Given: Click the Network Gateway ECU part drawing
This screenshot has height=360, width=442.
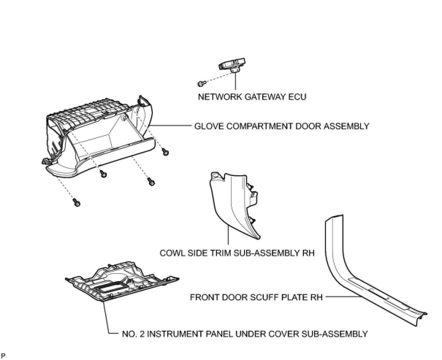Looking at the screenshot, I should [x=232, y=65].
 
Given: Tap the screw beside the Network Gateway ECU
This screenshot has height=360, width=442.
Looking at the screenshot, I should [x=200, y=84].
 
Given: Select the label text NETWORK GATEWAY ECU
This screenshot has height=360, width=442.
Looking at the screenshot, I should [x=252, y=97].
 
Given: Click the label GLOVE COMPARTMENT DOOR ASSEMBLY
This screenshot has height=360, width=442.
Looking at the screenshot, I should [x=281, y=126].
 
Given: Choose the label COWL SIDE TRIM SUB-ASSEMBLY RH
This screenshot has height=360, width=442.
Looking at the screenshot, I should [x=237, y=253].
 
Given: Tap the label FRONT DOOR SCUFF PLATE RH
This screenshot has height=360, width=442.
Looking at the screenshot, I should [x=256, y=297].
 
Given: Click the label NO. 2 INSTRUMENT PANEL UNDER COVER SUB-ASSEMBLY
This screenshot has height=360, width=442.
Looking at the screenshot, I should [x=245, y=334].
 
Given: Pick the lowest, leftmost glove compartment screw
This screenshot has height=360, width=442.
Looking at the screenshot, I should [x=77, y=202].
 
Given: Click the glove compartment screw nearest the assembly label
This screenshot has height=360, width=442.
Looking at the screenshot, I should [x=165, y=152].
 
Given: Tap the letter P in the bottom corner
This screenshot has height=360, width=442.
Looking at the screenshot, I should [x=3, y=355].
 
